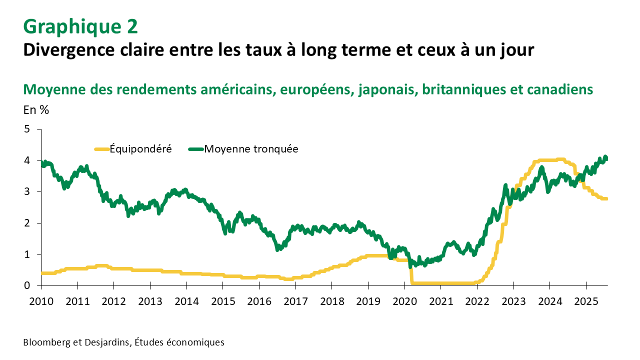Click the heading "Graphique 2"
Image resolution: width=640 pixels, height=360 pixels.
click(80, 26)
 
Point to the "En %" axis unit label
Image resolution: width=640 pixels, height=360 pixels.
click(36, 110)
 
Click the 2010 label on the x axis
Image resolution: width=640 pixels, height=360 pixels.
click(41, 302)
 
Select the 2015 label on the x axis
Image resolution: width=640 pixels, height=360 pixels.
click(222, 302)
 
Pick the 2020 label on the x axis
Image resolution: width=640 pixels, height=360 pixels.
click(404, 302)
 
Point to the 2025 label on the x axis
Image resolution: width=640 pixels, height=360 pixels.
click(586, 302)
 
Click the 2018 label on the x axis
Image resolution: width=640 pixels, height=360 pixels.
click(331, 302)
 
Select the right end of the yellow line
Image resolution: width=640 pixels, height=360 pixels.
click(606, 199)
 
